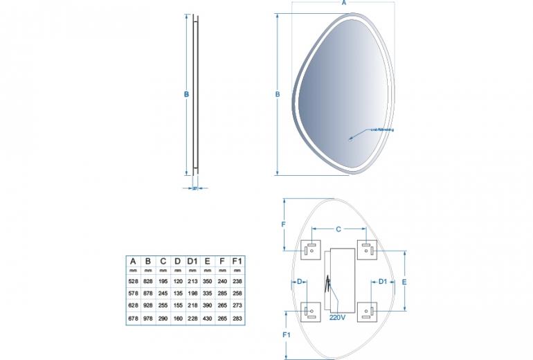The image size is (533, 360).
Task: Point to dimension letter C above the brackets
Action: pyautogui.click(x=338, y=228)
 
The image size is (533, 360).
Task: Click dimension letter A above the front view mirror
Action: pyautogui.click(x=344, y=4)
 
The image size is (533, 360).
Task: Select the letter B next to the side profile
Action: pyautogui.click(x=186, y=96)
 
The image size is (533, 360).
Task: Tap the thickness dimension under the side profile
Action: pyautogui.click(x=195, y=187)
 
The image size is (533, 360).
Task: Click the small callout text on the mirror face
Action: pyautogui.click(x=381, y=129)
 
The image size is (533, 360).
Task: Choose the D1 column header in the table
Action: pyautogui.click(x=192, y=260)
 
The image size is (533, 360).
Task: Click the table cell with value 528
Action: pyautogui.click(x=133, y=282)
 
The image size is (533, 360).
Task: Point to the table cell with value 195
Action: pyautogui.click(x=163, y=282)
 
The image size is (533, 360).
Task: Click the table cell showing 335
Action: pyautogui.click(x=208, y=294)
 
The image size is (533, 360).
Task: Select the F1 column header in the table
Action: pyautogui.click(x=237, y=260)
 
